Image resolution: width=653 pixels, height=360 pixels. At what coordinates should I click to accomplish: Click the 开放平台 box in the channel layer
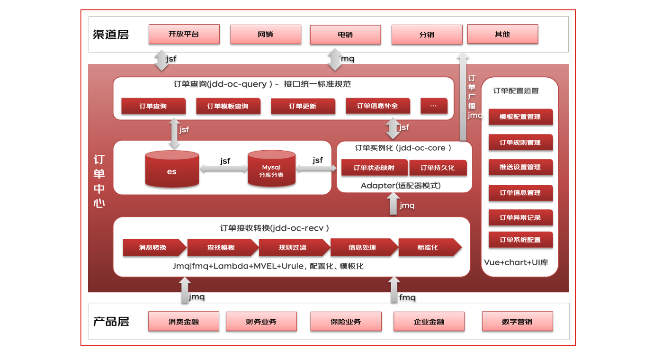tap(184, 34)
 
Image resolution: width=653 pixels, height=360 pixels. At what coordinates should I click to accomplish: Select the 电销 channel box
tap(345, 35)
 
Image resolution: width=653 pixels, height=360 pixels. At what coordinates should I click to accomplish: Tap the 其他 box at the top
tap(502, 34)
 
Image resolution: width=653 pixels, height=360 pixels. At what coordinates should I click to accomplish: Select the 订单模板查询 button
tap(228, 106)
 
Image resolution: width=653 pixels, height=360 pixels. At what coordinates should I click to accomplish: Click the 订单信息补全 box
tap(377, 106)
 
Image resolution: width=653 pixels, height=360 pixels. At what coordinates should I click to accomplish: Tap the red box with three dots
tap(433, 106)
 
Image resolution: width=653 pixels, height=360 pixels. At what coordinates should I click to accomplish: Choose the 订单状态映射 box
tap(374, 168)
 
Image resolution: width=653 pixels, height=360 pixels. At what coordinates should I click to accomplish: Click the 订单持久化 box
tap(438, 168)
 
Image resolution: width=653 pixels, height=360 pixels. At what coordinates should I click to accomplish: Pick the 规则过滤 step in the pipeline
tap(294, 247)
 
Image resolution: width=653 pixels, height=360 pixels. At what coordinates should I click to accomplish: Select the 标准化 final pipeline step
tap(429, 247)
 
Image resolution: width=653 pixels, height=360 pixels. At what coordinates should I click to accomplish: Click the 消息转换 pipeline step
tap(153, 247)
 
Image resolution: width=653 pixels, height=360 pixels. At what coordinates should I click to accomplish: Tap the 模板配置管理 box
tap(520, 117)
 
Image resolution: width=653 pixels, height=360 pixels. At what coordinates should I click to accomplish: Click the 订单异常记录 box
tap(520, 217)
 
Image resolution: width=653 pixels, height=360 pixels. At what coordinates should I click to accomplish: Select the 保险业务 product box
tap(346, 321)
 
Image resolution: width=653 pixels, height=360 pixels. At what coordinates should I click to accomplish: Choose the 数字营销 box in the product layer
tap(517, 321)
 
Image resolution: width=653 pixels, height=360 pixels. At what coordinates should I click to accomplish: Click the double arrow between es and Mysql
tap(224, 169)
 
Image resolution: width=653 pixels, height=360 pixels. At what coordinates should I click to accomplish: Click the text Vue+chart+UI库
tap(516, 262)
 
